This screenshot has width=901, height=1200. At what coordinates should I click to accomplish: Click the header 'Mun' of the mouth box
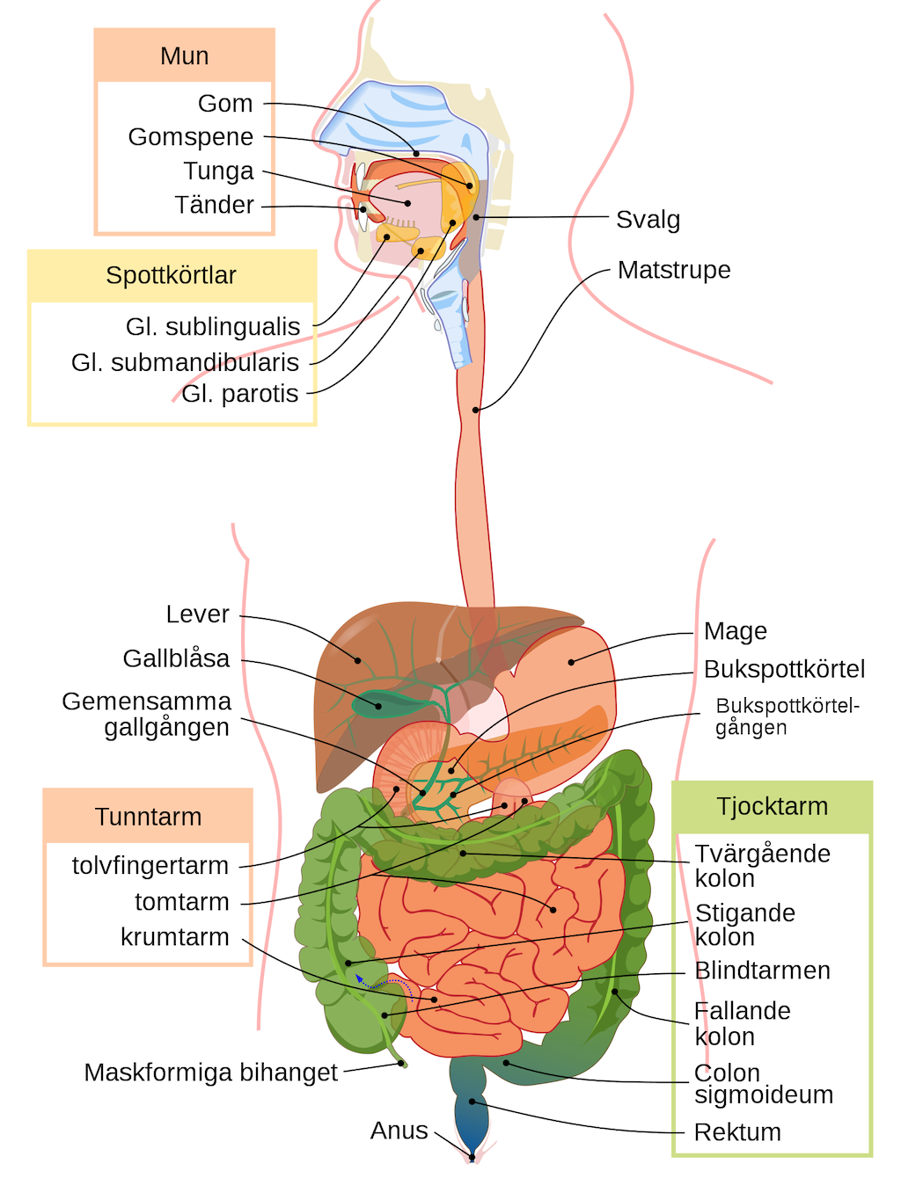coord(185,56)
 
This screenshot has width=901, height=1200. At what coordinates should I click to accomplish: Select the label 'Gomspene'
coord(190,137)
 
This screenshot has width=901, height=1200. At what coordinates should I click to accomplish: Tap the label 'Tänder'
coord(214,205)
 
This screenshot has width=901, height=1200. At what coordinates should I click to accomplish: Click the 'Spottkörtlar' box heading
coord(172,275)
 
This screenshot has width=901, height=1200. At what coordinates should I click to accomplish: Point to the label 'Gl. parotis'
coord(239,394)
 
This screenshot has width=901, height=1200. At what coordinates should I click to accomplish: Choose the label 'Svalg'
coord(648,220)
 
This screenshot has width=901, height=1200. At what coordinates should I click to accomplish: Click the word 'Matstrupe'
coord(674,270)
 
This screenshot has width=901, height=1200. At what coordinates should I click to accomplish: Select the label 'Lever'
coord(197,615)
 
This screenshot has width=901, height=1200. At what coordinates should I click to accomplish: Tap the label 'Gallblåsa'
coord(176,658)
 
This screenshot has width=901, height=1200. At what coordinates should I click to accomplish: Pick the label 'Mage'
coord(735,631)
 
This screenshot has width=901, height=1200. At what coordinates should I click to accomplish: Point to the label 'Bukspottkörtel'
coord(784,670)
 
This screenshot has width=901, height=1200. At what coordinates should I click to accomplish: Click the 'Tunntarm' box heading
coord(148,817)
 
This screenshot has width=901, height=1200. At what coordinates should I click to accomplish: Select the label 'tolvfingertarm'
coord(150,866)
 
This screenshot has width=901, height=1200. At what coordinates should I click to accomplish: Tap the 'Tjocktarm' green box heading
coord(772,806)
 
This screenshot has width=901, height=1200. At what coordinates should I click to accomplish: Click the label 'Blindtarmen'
coord(762,971)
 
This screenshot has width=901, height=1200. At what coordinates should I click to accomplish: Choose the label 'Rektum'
coord(737,1132)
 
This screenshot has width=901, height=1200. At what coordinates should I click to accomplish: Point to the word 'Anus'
coord(399,1131)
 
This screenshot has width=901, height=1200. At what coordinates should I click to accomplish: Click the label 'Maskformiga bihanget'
coord(210,1073)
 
